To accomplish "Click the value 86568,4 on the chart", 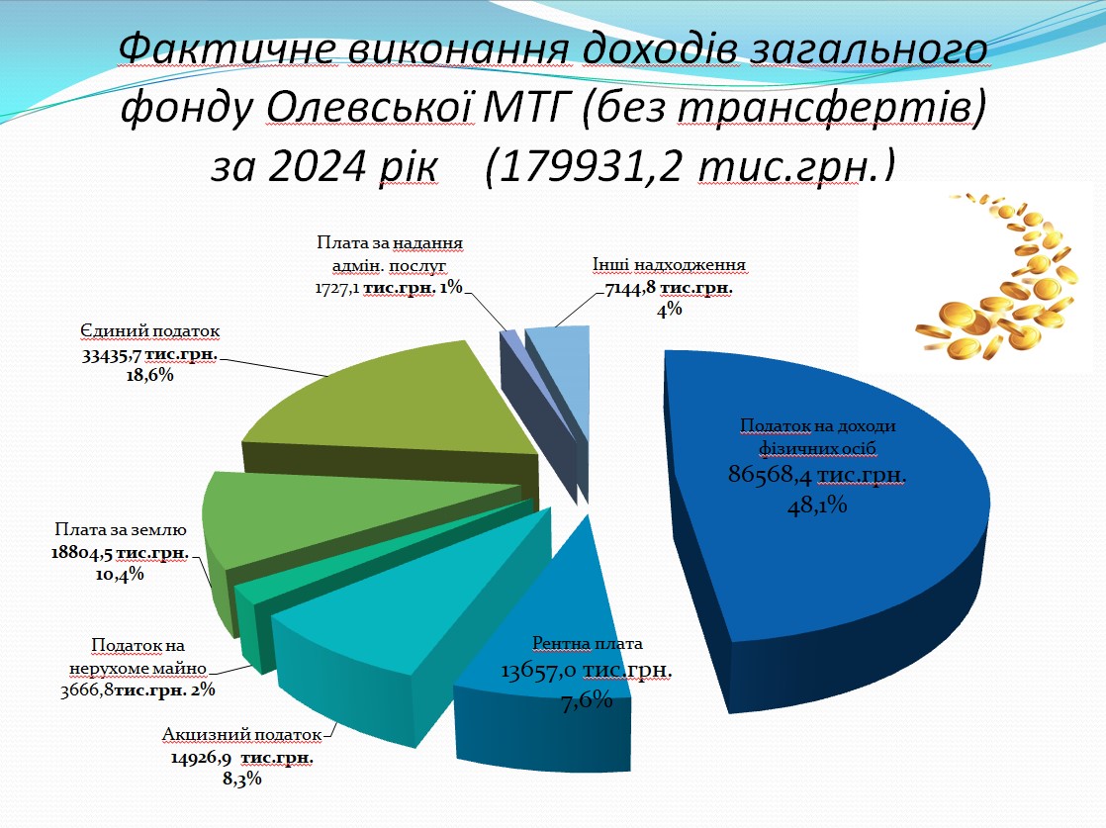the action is click(770, 475).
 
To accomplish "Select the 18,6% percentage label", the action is click(149, 375).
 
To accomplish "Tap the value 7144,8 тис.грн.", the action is click(669, 288).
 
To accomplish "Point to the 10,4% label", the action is click(119, 575).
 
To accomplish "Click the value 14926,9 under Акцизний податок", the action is click(201, 758).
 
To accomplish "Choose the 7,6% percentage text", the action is click(587, 700).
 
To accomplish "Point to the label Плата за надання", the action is click(390, 243).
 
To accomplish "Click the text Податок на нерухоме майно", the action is click(138, 657).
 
